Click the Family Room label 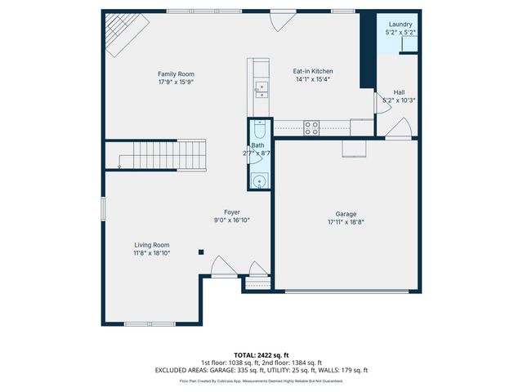point(176,74)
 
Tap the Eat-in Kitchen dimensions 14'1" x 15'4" point(313,80)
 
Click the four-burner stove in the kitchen point(311,127)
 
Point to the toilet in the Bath point(258,130)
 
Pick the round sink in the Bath point(258,181)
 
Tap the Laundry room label point(400,25)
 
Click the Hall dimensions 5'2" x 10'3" point(399,100)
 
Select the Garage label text point(346,214)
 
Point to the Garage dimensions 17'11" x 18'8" point(346,222)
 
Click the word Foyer point(232,212)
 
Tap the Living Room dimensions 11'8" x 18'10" point(152,253)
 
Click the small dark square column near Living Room point(201,252)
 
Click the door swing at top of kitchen point(283,21)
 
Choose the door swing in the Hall point(399,128)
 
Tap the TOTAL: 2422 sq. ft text point(261,355)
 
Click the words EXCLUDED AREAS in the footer point(177,370)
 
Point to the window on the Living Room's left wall point(103,207)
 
